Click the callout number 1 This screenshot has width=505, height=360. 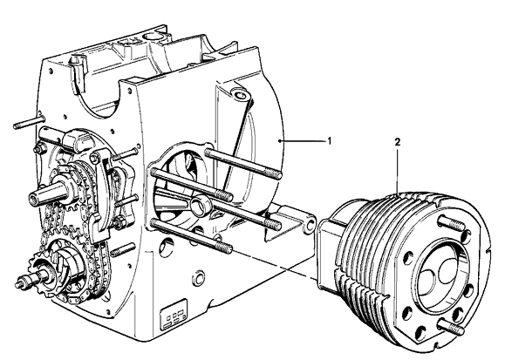[329, 141]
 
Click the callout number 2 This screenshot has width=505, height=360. [398, 142]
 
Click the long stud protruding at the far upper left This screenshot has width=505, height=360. [28, 122]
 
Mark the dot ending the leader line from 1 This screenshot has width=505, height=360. [280, 141]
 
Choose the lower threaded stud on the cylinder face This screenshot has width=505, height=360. [452, 326]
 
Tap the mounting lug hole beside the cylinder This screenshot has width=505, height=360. [309, 226]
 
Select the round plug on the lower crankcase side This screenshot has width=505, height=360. [198, 277]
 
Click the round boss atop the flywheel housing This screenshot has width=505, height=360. [239, 96]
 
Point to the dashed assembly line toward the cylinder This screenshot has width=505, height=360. [275, 262]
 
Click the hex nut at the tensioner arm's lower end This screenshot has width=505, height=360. [119, 222]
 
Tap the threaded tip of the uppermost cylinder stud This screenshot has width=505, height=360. [276, 174]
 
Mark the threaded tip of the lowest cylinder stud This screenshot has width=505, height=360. [226, 248]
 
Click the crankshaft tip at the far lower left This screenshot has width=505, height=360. [20, 284]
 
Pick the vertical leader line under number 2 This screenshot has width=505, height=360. [398, 171]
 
